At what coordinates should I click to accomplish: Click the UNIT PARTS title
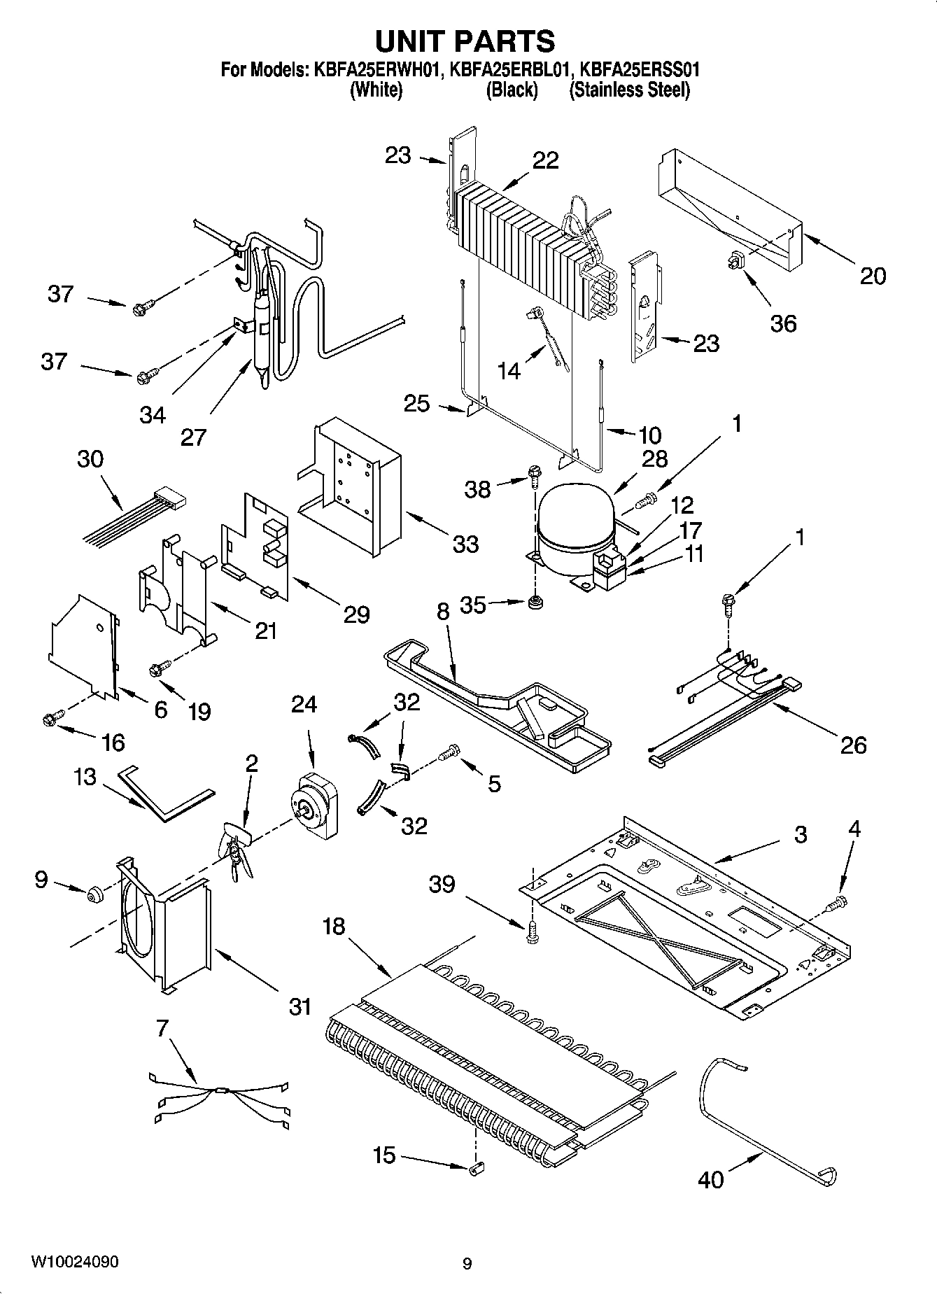click(465, 41)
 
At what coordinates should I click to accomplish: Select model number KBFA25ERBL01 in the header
click(512, 70)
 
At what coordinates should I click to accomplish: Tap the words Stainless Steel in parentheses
click(629, 90)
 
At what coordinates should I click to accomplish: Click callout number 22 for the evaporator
click(545, 160)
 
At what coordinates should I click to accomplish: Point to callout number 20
click(872, 276)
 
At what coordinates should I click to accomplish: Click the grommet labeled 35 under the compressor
click(536, 602)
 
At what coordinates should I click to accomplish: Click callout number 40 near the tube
click(711, 1179)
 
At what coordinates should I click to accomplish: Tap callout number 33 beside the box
click(465, 543)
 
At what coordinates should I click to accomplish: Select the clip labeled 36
click(733, 261)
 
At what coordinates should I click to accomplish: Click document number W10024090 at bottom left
click(74, 1262)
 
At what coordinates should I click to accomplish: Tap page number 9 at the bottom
click(467, 1263)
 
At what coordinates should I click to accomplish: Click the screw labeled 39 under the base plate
click(533, 933)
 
